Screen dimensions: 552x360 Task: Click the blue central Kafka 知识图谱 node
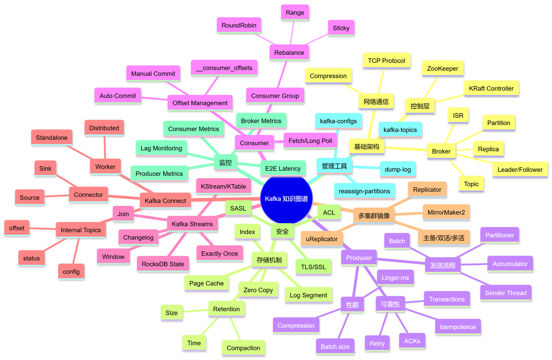[x=286, y=199]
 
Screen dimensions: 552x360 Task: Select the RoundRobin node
[x=239, y=25]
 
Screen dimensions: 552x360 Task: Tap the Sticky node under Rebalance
[x=341, y=28]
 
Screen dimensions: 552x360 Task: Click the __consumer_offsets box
[x=224, y=68]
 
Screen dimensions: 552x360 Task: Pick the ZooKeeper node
[x=442, y=69]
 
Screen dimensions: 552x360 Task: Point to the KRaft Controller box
[x=491, y=88]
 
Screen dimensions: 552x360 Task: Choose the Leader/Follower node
[x=520, y=169]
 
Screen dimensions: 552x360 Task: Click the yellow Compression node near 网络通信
[x=328, y=76]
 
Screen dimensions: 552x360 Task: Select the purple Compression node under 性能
[x=296, y=326]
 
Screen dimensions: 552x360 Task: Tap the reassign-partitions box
[x=364, y=191]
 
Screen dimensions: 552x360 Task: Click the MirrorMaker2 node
[x=446, y=213]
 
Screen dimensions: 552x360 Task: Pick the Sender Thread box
[x=506, y=293]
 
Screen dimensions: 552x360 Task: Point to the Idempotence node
[x=458, y=327]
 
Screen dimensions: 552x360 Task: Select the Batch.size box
[x=335, y=346]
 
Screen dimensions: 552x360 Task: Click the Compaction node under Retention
[x=243, y=348]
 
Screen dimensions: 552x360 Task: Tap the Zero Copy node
[x=258, y=290]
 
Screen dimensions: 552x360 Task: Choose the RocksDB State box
[x=163, y=264]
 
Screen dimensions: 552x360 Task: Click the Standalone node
[x=52, y=138]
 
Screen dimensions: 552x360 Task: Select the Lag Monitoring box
[x=161, y=148]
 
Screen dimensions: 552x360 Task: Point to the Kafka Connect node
[x=165, y=200]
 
